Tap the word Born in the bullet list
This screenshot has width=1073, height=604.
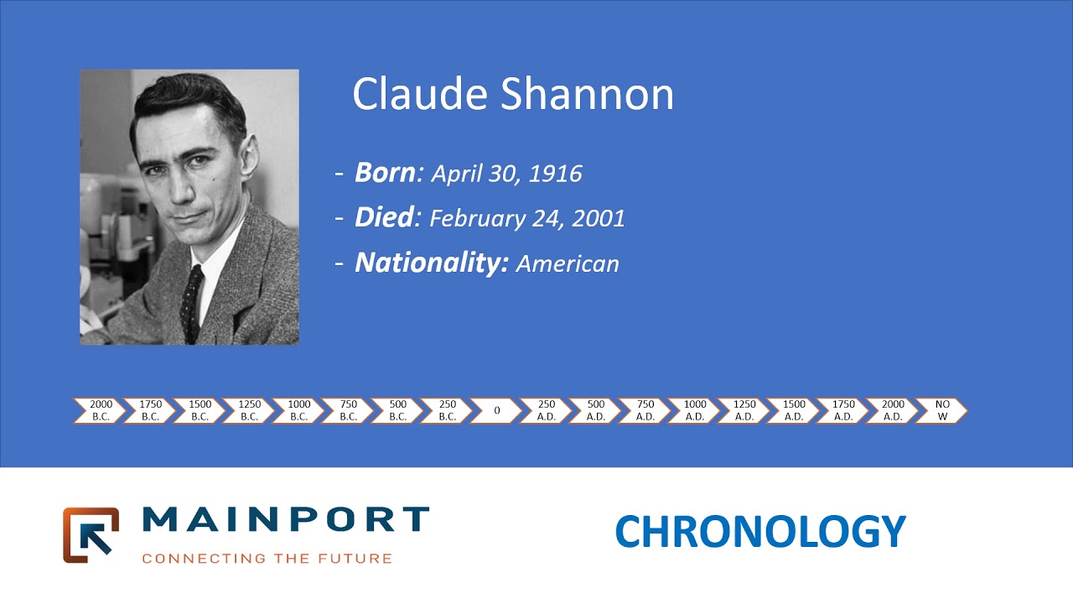pyautogui.click(x=385, y=173)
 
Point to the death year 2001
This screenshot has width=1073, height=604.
pyautogui.click(x=599, y=219)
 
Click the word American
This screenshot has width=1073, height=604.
pyautogui.click(x=568, y=264)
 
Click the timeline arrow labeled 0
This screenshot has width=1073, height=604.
pyautogui.click(x=496, y=410)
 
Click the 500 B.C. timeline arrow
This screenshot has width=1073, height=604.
pyautogui.click(x=397, y=410)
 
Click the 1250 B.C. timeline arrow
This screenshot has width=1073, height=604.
pyautogui.click(x=249, y=410)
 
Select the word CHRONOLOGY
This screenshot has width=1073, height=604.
pyautogui.click(x=760, y=532)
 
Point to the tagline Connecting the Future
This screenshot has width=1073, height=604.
pyautogui.click(x=267, y=558)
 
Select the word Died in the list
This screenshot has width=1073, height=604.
pyautogui.click(x=384, y=218)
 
